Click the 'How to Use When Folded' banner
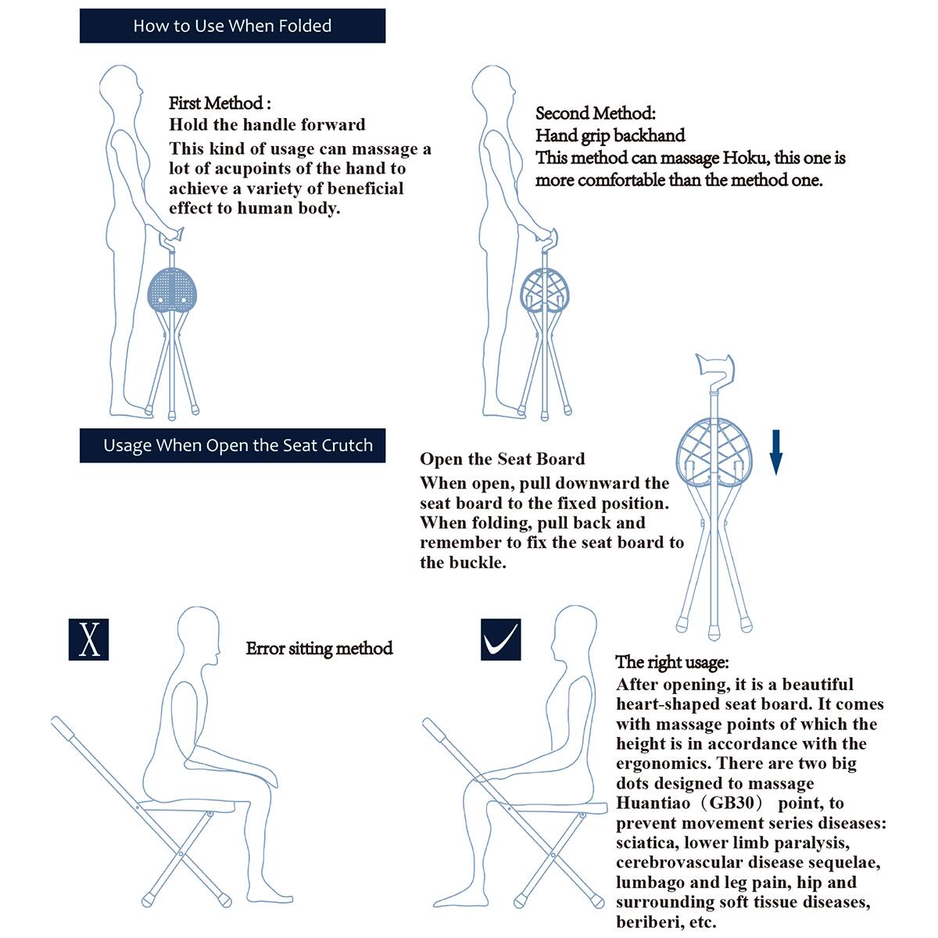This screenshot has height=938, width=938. pyautogui.click(x=232, y=26)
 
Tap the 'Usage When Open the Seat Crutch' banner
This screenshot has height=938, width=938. pyautogui.click(x=232, y=446)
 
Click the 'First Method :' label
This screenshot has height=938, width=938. pyautogui.click(x=220, y=103)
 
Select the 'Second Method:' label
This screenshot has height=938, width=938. pyautogui.click(x=595, y=113)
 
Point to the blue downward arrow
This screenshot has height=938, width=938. pyautogui.click(x=775, y=452)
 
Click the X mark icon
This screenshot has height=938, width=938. pyautogui.click(x=88, y=639)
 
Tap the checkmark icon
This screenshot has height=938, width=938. pyautogui.click(x=500, y=639)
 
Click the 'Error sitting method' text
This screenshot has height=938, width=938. pyautogui.click(x=319, y=648)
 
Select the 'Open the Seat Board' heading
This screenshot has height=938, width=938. pyautogui.click(x=502, y=459)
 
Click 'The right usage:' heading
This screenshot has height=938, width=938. pyautogui.click(x=672, y=662)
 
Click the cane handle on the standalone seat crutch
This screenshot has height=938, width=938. pyautogui.click(x=714, y=365)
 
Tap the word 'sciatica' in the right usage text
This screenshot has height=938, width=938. pyautogui.click(x=647, y=843)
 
